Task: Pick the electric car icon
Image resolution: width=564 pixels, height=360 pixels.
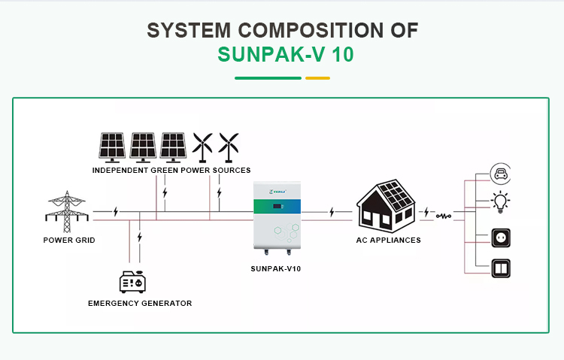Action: (500, 175)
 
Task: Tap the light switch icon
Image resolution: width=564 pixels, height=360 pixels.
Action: (500, 268)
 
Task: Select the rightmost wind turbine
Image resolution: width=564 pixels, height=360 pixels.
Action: (229, 146)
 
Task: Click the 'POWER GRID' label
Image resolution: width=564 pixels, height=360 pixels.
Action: (68, 241)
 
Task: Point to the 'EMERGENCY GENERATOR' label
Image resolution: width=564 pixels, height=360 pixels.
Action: (140, 304)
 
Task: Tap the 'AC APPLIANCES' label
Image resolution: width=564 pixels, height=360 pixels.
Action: (388, 241)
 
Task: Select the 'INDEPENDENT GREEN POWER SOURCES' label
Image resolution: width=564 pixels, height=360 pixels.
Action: (171, 171)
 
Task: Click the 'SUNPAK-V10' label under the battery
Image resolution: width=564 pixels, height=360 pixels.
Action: (280, 268)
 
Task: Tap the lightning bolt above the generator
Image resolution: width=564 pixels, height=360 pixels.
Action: (140, 237)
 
